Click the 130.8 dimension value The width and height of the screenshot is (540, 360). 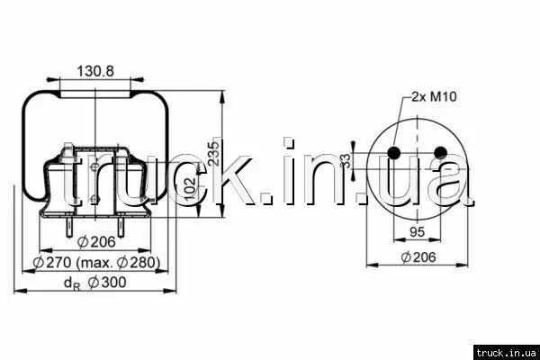94,71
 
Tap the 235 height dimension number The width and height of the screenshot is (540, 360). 214,154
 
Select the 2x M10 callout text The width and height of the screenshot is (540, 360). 435,96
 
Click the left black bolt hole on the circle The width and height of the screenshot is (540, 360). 393,152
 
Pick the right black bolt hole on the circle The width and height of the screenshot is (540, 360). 440,152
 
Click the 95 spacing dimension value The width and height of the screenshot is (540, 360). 417,232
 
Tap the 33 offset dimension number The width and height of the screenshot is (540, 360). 346,160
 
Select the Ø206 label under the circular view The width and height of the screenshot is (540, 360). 418,257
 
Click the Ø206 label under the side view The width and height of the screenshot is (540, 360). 96,242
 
